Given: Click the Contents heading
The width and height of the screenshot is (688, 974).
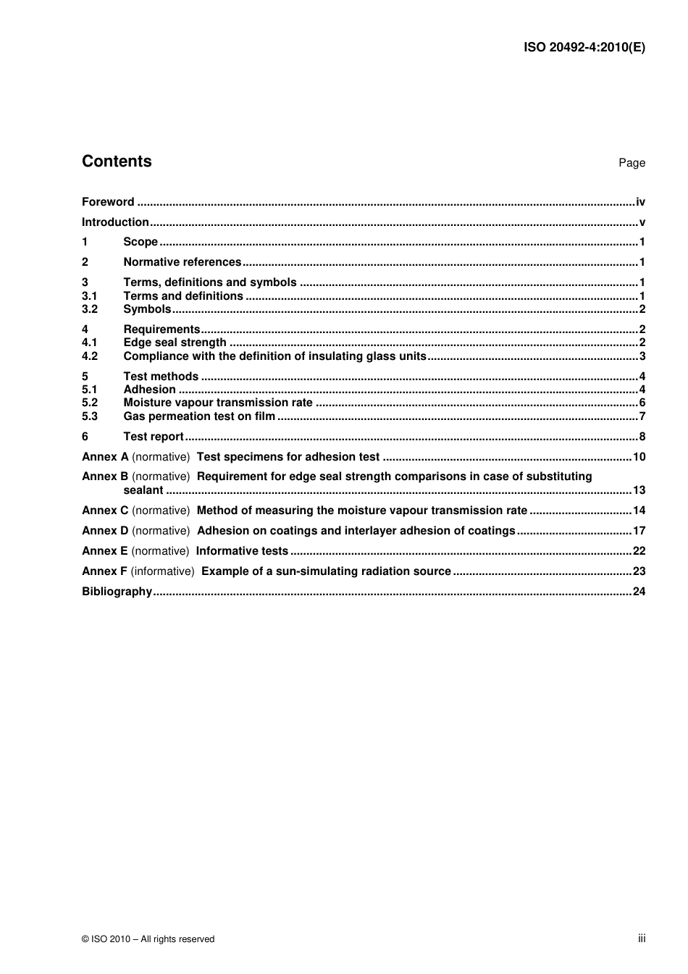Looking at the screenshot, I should tap(117, 161).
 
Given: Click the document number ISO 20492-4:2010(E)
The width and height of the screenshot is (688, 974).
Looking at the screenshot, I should tap(584, 48).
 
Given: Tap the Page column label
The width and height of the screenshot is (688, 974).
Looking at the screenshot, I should tap(632, 163).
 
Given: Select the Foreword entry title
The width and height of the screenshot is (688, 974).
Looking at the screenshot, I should tap(108, 202).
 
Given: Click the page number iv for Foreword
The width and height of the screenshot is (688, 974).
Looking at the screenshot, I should tap(640, 202).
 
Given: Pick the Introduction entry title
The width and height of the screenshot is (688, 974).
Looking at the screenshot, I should tap(115, 222).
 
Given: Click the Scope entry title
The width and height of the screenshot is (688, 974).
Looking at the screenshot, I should tap(140, 242).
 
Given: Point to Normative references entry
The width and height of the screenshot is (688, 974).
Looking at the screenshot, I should tap(183, 262).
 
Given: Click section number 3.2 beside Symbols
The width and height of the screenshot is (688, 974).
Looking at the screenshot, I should tap(90, 309).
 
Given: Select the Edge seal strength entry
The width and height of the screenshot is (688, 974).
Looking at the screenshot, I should tap(175, 343).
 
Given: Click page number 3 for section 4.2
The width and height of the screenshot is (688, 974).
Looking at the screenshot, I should tap(642, 356).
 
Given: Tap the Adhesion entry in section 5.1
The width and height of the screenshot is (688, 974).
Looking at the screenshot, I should tap(150, 390).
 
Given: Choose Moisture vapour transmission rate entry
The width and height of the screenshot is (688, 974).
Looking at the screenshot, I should tap(218, 403).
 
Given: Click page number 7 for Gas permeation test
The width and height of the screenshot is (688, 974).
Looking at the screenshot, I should tap(642, 416).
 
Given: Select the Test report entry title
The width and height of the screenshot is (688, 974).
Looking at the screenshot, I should tap(154, 437).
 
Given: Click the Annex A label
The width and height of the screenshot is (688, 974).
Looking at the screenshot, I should tap(105, 457).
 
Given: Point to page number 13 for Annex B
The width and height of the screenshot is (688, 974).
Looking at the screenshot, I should tap(639, 490).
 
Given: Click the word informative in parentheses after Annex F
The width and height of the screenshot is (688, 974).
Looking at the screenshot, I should tap(163, 571).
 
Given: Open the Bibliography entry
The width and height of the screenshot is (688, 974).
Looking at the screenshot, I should tap(117, 592).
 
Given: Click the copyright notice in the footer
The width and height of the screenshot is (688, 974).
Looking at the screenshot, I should tap(148, 939).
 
